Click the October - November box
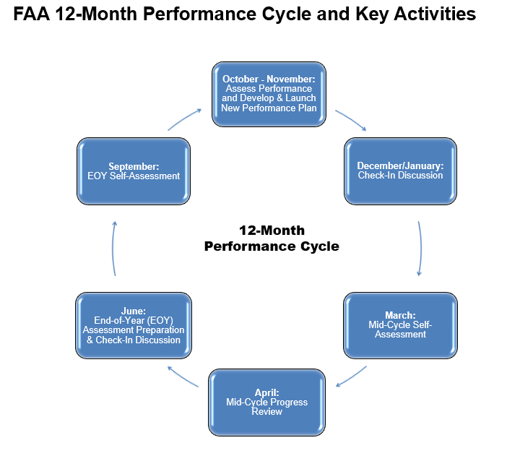point(269,93)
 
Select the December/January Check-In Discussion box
point(400,171)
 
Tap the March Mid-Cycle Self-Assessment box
point(400,324)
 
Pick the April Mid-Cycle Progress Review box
point(266,402)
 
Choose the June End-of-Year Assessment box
point(134,325)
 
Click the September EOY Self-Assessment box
point(134,171)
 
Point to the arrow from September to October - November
point(184,119)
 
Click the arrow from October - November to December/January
point(351,120)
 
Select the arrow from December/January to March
point(420,248)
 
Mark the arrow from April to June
point(183,377)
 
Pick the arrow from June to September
point(113,248)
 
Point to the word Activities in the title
point(435,14)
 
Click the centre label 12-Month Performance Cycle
point(271,238)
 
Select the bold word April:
point(266,392)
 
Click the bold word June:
point(134,311)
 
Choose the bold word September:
point(134,165)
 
